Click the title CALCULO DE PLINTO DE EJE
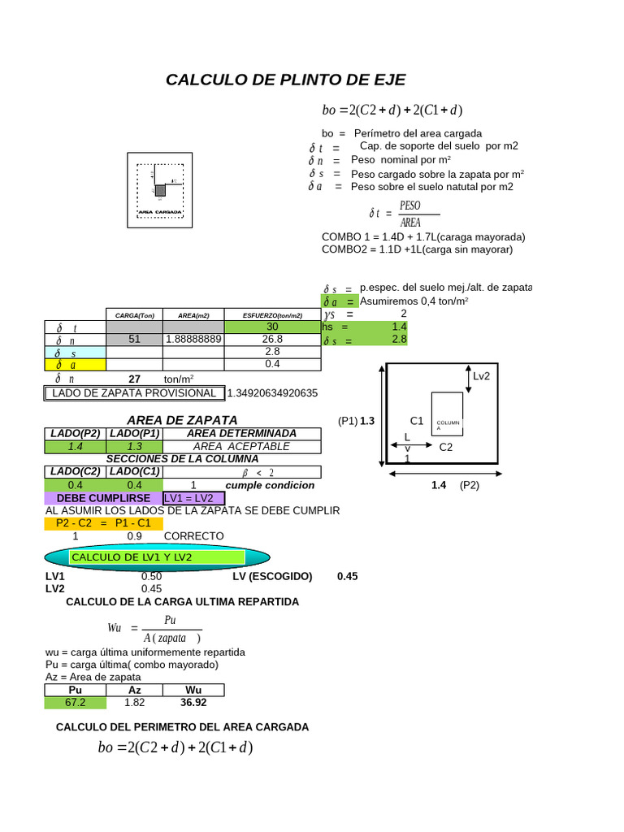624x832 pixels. pyautogui.click(x=285, y=80)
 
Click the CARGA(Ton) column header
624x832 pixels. pyautogui.click(x=135, y=315)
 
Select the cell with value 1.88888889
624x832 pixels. pyautogui.click(x=193, y=339)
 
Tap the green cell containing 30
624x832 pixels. pyautogui.click(x=272, y=327)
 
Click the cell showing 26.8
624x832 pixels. pyautogui.click(x=272, y=339)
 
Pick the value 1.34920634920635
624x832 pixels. pyautogui.click(x=272, y=393)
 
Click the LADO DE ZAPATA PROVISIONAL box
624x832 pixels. pyautogui.click(x=134, y=393)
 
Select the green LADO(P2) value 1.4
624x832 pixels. pyautogui.click(x=76, y=447)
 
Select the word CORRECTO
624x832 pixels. pyautogui.click(x=193, y=536)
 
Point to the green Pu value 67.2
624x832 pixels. pyautogui.click(x=76, y=702)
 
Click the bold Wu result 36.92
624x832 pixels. pyautogui.click(x=193, y=702)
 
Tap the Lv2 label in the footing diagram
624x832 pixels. pyautogui.click(x=482, y=376)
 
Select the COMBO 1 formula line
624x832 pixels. pyautogui.click(x=423, y=237)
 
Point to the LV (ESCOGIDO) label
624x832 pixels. pyautogui.click(x=272, y=576)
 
